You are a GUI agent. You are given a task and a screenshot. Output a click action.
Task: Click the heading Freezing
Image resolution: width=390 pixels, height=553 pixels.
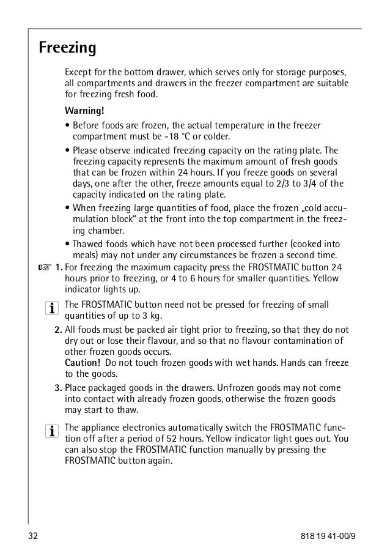coord(67,47)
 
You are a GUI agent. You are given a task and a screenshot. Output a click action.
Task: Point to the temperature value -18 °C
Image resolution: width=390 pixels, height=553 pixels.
coord(172,136)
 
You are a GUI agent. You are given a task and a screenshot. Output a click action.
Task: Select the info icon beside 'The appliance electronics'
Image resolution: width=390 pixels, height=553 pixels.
coord(49,432)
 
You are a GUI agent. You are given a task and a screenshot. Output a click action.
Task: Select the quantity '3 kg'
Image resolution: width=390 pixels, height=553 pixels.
coord(156,316)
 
